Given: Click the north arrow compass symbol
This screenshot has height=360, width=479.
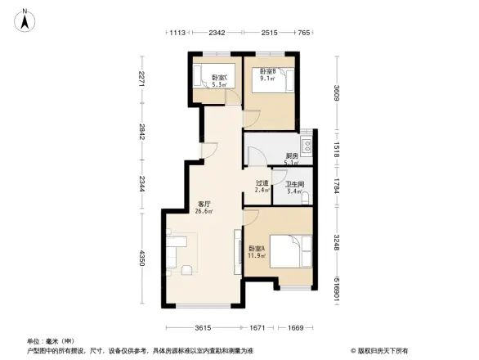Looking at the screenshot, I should [25, 18].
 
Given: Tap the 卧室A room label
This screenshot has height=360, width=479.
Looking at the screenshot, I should [255, 251].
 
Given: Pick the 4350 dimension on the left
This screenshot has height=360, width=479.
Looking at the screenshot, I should [142, 259].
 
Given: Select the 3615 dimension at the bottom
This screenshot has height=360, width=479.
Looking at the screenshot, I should [204, 328].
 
